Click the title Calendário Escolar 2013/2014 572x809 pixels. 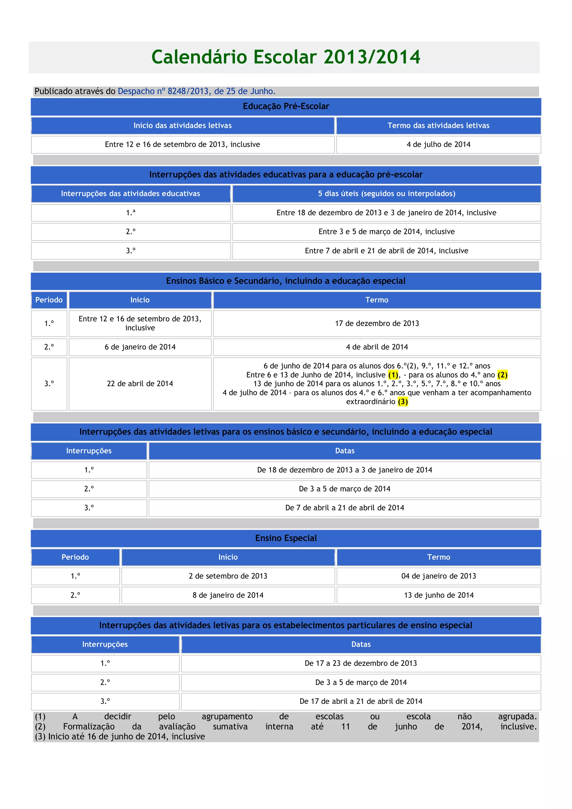(286, 57)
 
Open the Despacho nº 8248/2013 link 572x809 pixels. (196, 91)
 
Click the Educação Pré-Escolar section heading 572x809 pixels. (286, 106)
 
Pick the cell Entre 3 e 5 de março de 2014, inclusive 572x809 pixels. (386, 232)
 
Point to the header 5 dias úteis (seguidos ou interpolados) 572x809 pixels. (386, 194)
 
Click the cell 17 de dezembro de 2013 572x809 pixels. (377, 323)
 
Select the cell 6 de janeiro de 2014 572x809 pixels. (140, 347)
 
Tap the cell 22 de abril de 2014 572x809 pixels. (140, 384)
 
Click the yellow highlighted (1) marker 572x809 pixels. (393, 375)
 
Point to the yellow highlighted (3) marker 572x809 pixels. (402, 402)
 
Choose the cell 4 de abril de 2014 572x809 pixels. (377, 347)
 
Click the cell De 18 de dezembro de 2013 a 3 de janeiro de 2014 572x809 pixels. (344, 470)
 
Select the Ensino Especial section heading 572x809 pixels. (286, 538)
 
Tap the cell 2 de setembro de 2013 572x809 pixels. (228, 576)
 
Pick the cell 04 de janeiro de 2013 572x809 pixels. (438, 576)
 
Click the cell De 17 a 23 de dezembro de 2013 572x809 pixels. (361, 663)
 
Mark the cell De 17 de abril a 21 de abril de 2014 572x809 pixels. (361, 701)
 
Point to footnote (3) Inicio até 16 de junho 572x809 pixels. (120, 736)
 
